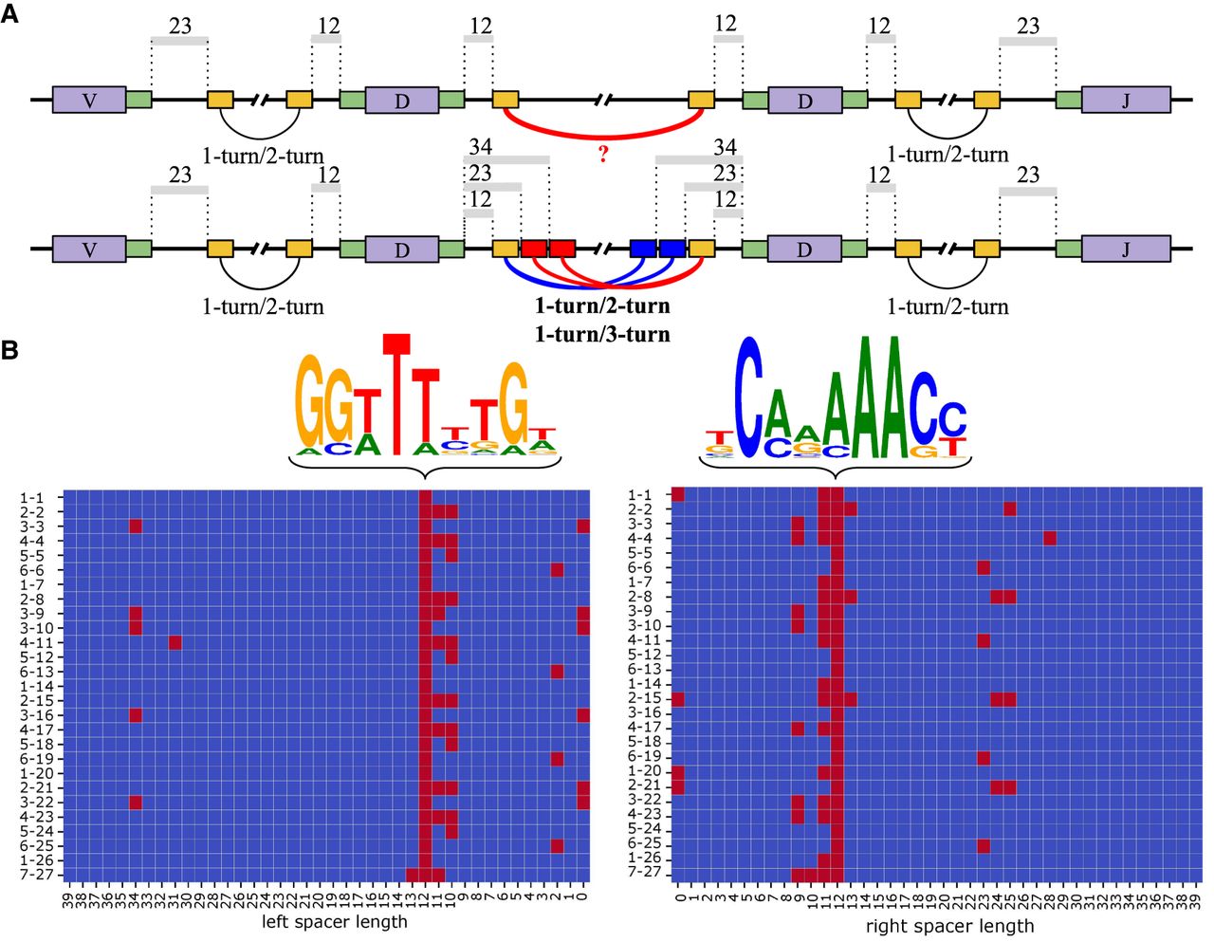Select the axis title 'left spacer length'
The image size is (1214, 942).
(334, 921)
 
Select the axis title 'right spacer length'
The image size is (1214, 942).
(948, 925)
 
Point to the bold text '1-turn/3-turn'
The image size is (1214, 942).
(602, 334)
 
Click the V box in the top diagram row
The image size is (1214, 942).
(89, 99)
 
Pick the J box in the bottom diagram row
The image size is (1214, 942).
(1126, 249)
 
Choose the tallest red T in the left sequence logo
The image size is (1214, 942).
(396, 389)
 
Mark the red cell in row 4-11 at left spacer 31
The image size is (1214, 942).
(175, 642)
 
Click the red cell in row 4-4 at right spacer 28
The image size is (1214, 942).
(1050, 539)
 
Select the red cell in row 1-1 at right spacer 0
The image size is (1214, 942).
(678, 494)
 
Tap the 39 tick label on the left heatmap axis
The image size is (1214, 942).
(69, 897)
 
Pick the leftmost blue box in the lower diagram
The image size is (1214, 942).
(643, 249)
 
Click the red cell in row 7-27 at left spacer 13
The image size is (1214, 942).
(413, 875)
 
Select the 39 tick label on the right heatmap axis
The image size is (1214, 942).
(1196, 897)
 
